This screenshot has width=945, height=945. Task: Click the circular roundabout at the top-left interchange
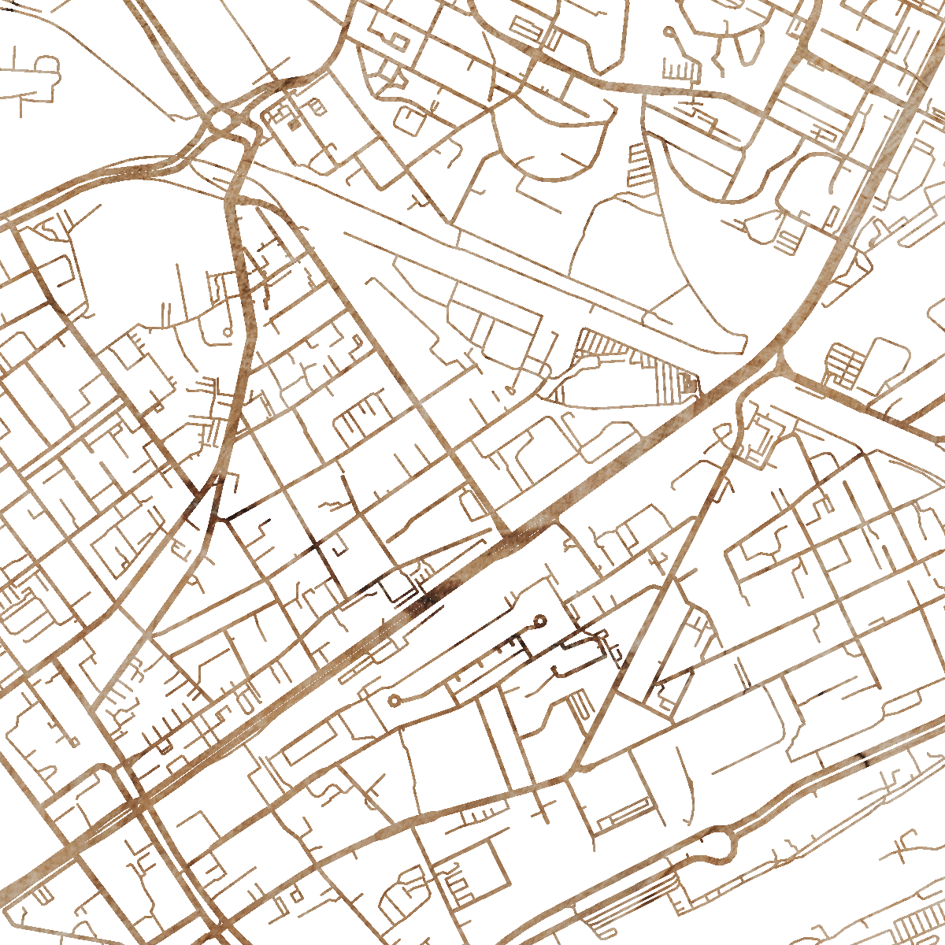click(x=223, y=120)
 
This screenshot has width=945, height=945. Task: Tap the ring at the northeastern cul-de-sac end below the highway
click(x=540, y=621)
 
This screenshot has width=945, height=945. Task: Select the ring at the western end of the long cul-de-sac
click(x=394, y=699)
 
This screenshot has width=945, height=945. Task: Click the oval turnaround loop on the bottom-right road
click(x=718, y=845)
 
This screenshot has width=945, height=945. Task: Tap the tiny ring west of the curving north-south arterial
click(x=228, y=332)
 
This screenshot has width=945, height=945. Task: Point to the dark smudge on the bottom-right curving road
click(x=862, y=761)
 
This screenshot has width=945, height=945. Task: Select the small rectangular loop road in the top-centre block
click(x=398, y=41)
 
